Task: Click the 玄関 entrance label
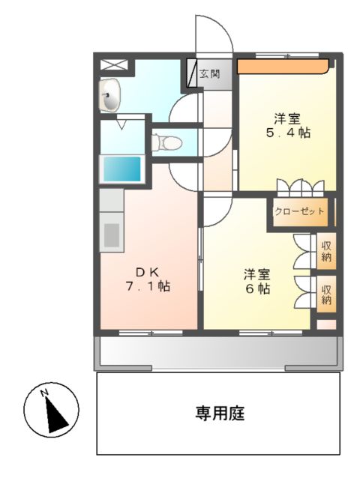point(210,74)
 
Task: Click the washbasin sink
point(110,95)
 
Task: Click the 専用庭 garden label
point(220,412)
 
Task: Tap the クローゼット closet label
point(300,212)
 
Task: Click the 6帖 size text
point(256,289)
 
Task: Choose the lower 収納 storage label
point(326,294)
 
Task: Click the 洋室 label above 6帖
point(256,273)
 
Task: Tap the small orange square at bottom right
point(326,324)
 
